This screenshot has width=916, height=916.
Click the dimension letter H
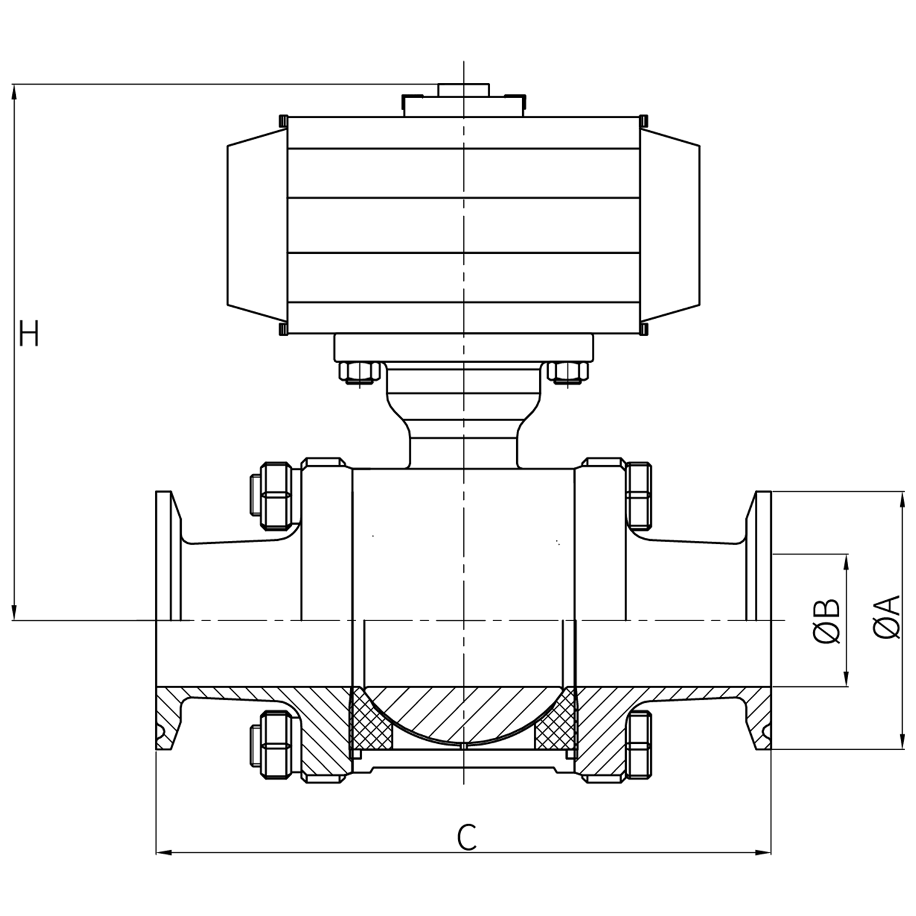29,333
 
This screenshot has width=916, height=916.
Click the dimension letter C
467,838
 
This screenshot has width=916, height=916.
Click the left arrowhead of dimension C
162,852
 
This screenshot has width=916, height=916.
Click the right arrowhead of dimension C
765,852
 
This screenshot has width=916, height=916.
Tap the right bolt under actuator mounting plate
567,371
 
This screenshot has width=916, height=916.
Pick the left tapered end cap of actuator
256,224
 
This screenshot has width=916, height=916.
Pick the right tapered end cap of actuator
671,224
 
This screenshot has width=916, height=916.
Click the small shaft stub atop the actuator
463,90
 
